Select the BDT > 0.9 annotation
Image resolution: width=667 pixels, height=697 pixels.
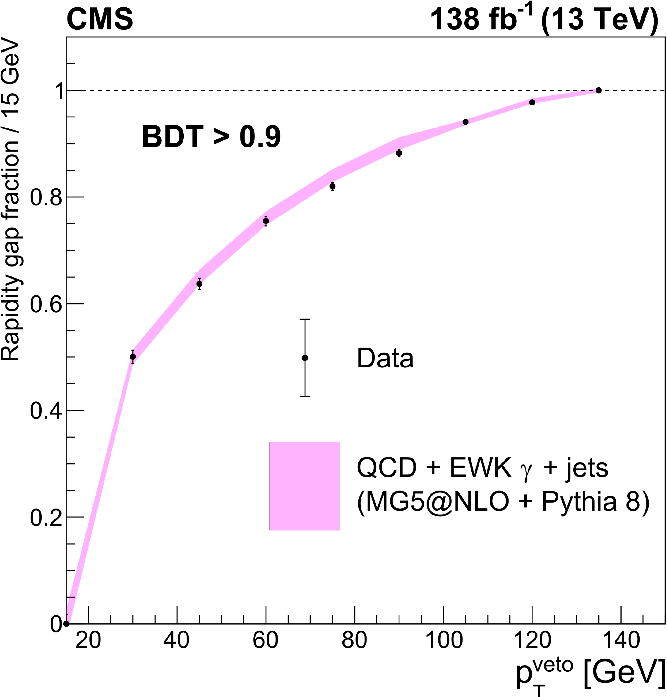(211, 137)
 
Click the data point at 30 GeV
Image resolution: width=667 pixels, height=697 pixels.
(133, 357)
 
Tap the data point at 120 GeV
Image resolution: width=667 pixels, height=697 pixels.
(532, 102)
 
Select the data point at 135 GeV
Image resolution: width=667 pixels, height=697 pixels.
(598, 90)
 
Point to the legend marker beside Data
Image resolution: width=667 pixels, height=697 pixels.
(305, 358)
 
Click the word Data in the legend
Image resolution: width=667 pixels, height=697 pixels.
(385, 358)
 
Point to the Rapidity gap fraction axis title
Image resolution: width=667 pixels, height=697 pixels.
(11, 201)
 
